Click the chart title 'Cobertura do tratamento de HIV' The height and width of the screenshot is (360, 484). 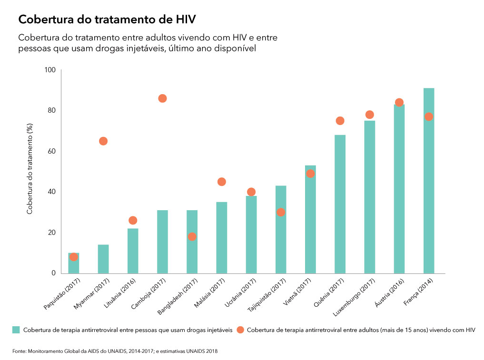pos(107,19)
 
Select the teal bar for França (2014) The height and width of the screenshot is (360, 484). pos(428,181)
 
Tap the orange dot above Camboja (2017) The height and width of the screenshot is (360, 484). pos(162,98)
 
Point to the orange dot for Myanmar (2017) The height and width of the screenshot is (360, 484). pos(103,141)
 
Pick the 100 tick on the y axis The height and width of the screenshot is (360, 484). pos(50,70)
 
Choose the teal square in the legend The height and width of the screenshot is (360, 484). pos(16,330)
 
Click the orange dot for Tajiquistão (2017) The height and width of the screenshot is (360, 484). pos(281,212)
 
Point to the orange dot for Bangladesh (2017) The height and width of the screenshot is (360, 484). pos(192,237)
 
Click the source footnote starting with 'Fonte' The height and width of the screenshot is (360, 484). pos(115,351)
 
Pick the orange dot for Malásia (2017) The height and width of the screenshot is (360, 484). pos(221,182)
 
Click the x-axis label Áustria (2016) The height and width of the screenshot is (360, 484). pos(388,292)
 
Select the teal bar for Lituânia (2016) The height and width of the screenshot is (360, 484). pos(133,251)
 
